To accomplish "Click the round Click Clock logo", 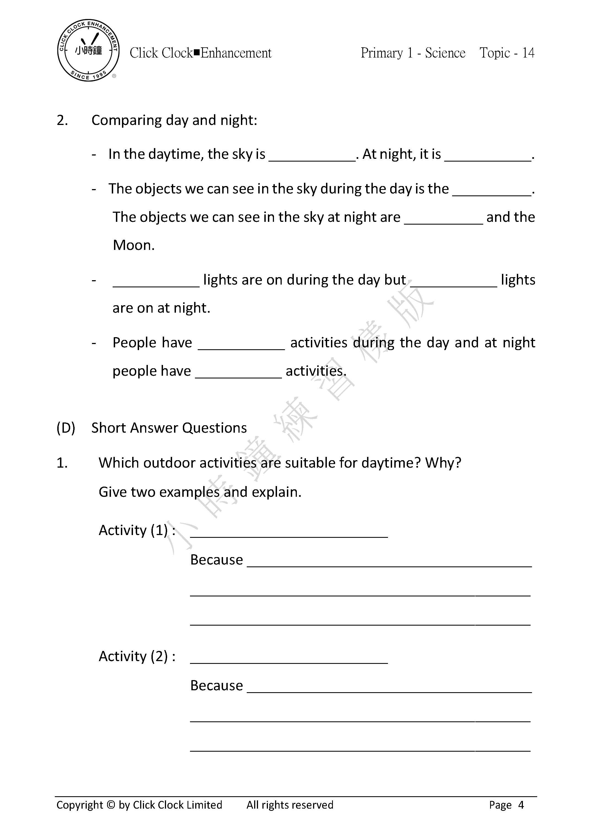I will tap(88, 50).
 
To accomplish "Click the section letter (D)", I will tap(66, 428).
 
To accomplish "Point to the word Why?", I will tap(443, 463).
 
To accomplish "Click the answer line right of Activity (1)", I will tap(289, 533).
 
